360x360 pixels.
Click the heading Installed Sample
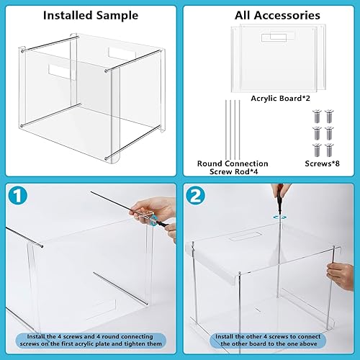coord(90,14)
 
